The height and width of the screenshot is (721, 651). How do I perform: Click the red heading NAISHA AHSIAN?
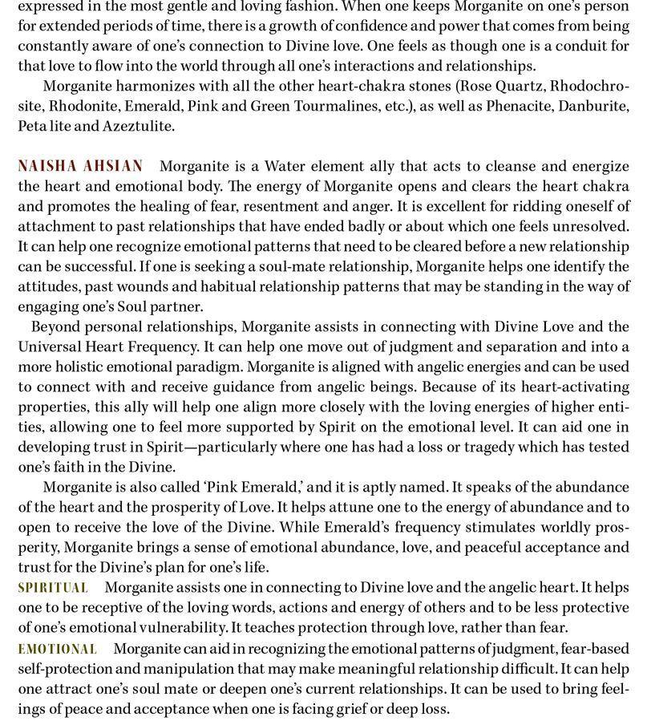[80, 166]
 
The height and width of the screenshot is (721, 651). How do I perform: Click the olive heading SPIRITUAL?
[53, 588]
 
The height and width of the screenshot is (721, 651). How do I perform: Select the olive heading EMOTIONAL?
[57, 649]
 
